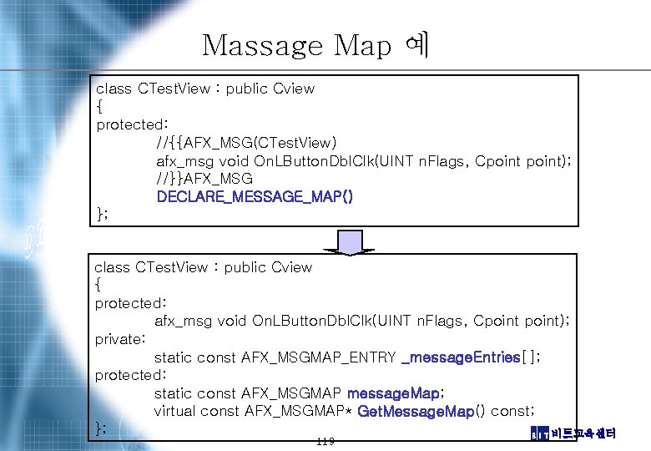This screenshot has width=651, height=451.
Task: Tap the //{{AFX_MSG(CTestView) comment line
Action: [x=246, y=143]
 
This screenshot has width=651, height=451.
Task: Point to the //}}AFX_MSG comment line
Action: [x=204, y=179]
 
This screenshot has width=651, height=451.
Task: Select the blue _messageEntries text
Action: [x=461, y=357]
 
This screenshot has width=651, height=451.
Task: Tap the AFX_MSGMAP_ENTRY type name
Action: [x=318, y=357]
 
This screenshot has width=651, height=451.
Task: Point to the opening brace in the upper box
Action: [x=100, y=107]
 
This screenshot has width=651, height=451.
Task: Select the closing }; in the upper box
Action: [x=102, y=215]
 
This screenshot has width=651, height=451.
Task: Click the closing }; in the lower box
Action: [x=100, y=428]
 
